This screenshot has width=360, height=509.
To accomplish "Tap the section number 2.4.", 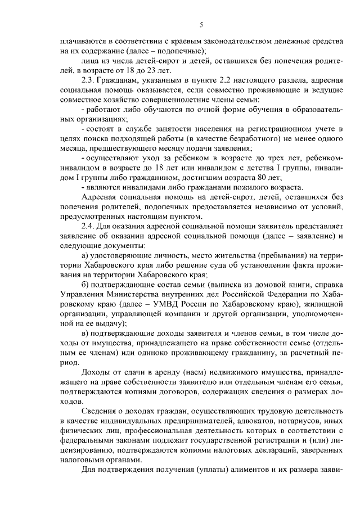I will (89, 226).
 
